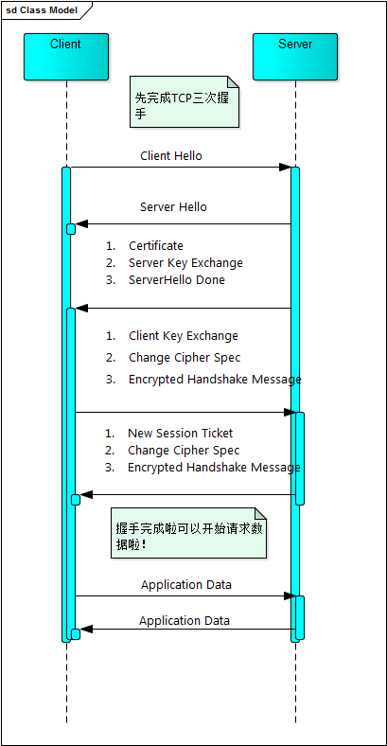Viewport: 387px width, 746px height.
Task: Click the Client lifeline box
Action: point(66,57)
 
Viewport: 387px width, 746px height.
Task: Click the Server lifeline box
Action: point(295,57)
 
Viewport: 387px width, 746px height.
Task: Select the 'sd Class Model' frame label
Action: point(42,10)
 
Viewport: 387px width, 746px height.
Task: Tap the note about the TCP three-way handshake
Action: point(185,101)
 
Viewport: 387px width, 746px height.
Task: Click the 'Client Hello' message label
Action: point(171,155)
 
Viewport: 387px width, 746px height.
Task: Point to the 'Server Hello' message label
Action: point(173,207)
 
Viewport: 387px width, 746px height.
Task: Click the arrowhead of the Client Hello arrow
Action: point(285,167)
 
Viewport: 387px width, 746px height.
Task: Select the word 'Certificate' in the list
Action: point(156,246)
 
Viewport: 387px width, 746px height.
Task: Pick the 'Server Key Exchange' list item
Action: point(185,263)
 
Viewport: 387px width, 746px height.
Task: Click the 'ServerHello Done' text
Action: point(177,280)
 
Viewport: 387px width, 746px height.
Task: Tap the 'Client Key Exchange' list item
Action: point(184,336)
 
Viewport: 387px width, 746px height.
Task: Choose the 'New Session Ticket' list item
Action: point(181,434)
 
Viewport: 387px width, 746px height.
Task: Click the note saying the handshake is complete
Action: point(188,533)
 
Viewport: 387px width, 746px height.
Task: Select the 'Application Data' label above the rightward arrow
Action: point(186,585)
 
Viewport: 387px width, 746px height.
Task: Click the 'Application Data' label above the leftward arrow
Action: point(185,621)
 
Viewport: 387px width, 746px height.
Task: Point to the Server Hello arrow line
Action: point(183,224)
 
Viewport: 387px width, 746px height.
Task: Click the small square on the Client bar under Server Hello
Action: point(71,229)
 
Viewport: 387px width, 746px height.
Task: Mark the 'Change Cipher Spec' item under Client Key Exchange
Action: point(185,358)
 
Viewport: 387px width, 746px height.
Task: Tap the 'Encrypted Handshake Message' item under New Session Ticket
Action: point(214,468)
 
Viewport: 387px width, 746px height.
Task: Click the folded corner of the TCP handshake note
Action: point(234,81)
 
